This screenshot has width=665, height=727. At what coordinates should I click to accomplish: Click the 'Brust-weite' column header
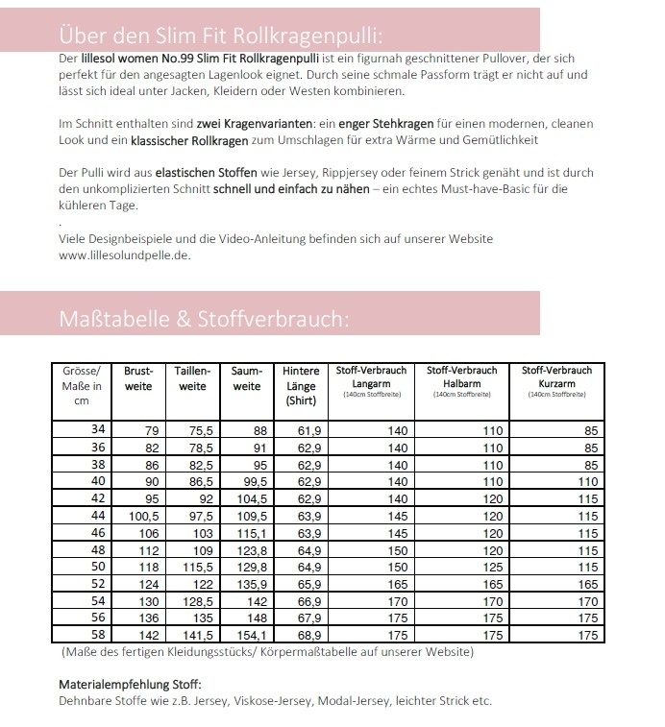click(x=139, y=377)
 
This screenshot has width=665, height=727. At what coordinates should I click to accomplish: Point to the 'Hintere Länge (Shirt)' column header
click(x=302, y=385)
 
